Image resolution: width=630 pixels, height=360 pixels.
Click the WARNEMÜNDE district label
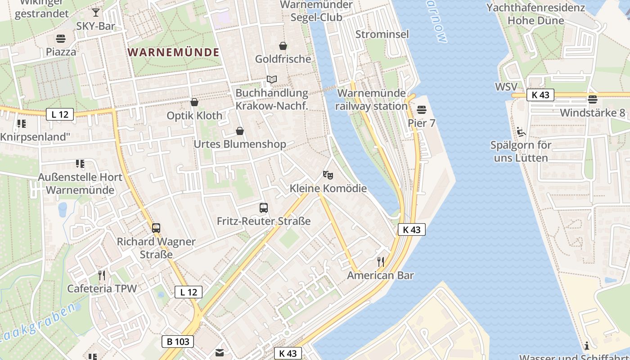click(174, 52)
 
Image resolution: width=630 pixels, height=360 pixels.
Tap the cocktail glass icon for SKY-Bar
click(96, 12)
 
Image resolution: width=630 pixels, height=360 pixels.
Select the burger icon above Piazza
click(61, 38)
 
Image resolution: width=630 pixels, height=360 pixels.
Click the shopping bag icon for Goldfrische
click(283, 46)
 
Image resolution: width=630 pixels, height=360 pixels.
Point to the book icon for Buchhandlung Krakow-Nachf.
click(271, 80)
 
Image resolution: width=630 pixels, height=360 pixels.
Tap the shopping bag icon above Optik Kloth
click(194, 103)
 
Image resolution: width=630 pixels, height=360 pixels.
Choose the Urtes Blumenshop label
click(239, 144)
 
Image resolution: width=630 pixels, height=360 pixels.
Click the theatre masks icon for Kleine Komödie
click(328, 174)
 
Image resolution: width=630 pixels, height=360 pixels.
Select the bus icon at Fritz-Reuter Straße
click(264, 208)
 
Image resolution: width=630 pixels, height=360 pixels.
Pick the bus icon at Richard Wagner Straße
click(156, 228)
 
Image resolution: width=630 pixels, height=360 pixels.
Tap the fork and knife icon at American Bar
click(381, 261)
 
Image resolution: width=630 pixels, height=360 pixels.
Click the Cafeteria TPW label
click(102, 288)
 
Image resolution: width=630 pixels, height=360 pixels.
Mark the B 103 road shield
click(178, 342)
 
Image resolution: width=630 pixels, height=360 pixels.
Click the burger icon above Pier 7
click(422, 109)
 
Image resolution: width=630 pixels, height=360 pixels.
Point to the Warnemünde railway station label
click(372, 99)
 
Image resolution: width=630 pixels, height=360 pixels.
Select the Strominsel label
click(382, 34)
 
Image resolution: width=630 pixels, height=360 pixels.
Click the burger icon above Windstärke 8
click(593, 99)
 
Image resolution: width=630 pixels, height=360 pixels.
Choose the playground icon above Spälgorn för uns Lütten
click(521, 132)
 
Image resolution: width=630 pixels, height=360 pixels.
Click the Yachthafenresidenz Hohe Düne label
click(535, 14)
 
